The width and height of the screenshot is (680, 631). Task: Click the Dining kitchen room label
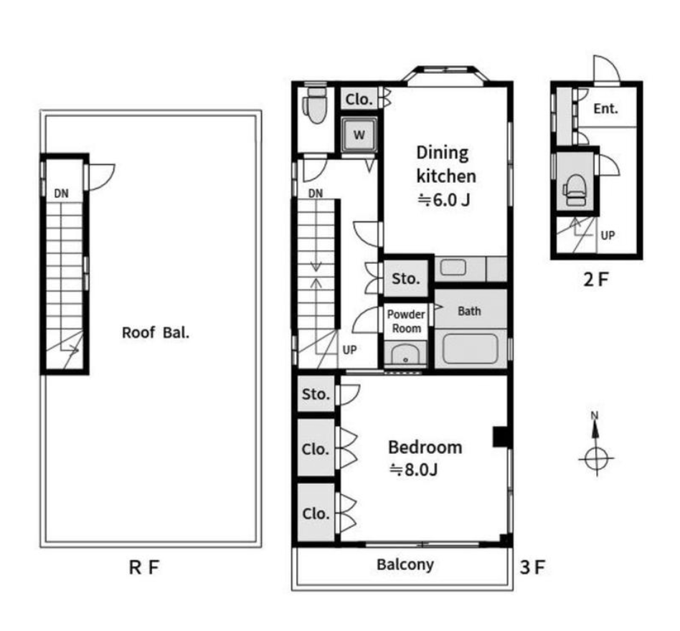446,165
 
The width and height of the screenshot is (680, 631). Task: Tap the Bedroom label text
425,447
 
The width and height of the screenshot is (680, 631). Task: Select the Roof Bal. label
156,333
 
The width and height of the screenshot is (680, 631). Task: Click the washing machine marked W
359,135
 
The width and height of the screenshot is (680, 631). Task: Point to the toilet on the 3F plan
316,105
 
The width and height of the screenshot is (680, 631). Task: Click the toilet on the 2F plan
575,190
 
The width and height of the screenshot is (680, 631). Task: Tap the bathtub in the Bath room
470,349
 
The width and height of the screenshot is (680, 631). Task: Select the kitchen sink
453,268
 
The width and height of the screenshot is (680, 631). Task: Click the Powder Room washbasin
405,354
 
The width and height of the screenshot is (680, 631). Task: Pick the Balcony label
405,565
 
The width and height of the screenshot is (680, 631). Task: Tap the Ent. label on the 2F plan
605,108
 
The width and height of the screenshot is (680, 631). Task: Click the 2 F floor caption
596,280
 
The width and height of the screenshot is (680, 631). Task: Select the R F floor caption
144,567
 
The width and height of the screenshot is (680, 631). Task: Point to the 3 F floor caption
532,567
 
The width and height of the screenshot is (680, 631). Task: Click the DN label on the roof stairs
61,194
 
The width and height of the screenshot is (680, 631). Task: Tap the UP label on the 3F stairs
349,350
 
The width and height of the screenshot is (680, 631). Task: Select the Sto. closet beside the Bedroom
316,394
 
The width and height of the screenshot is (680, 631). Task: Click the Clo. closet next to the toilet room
359,99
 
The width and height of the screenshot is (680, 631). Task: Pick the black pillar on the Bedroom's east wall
501,437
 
